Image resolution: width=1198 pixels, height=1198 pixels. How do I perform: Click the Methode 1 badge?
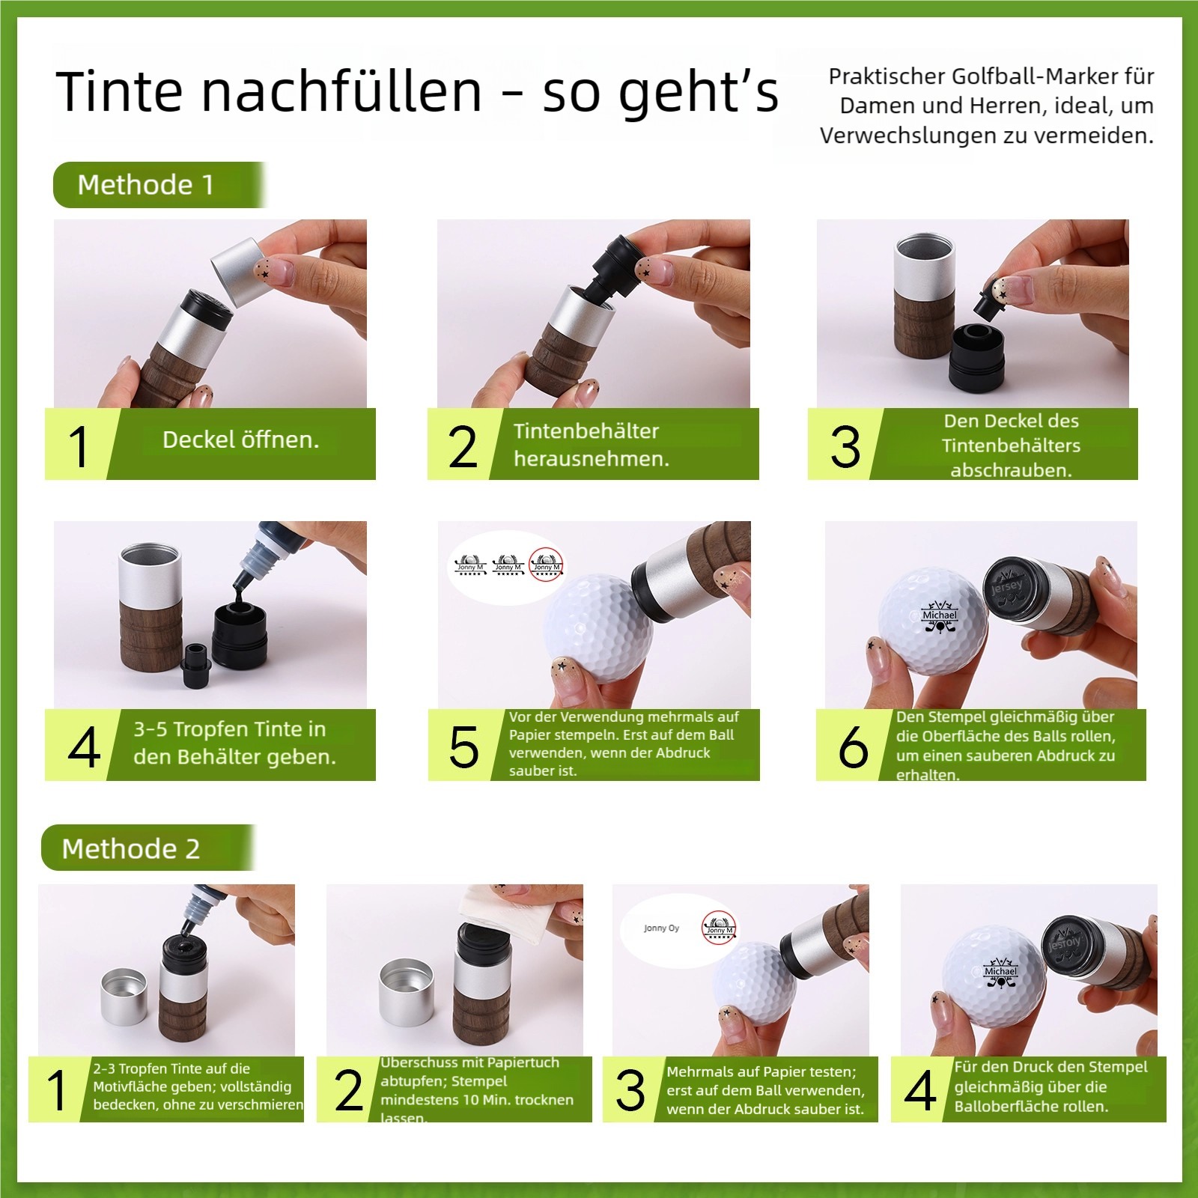(147, 184)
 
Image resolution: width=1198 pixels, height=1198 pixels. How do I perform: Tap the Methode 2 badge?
(132, 848)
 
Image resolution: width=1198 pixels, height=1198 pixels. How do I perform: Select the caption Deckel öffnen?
(240, 440)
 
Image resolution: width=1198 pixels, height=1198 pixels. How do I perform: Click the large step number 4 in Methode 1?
(83, 747)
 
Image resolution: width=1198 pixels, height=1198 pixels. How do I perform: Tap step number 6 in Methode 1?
(853, 747)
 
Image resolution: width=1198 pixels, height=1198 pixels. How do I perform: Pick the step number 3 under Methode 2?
(630, 1090)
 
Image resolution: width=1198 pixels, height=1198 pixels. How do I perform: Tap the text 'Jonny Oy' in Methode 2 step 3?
(661, 928)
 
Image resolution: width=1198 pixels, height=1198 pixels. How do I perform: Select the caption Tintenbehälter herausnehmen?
(591, 445)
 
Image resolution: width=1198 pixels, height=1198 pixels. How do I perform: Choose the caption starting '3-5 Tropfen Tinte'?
(234, 743)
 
